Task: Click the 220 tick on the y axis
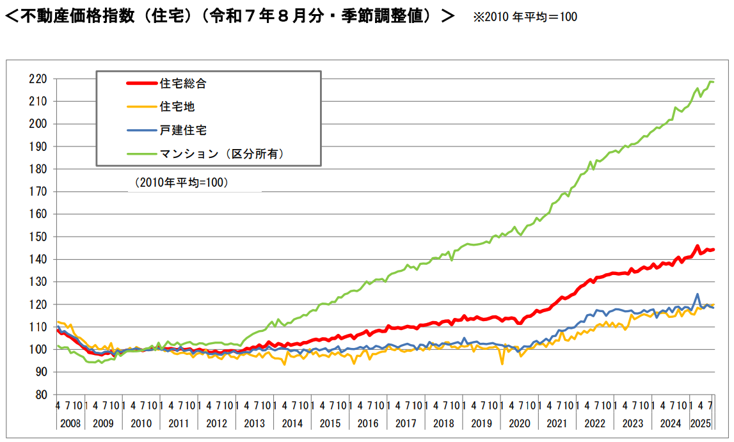[38, 79]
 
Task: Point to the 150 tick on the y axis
[38, 237]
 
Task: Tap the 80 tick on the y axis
[41, 395]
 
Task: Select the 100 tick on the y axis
[38, 349]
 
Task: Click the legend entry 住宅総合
[183, 83]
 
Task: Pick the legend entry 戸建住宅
[183, 130]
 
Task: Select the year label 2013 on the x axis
[255, 423]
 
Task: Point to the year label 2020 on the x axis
[519, 423]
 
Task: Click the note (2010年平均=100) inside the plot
[182, 182]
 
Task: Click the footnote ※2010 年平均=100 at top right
[525, 17]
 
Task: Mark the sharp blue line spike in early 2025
[697, 294]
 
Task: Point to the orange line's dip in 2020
[502, 364]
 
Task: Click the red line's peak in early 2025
[698, 246]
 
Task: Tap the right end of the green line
[713, 82]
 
